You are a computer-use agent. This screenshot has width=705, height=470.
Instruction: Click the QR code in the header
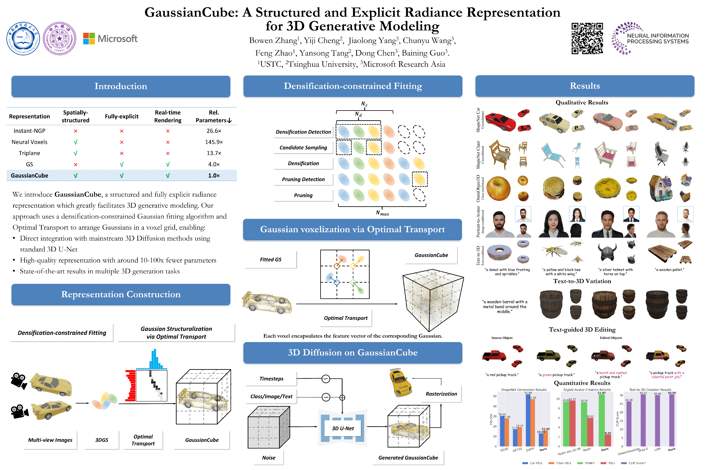(587, 38)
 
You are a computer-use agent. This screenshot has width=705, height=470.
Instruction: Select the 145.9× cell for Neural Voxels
(214, 142)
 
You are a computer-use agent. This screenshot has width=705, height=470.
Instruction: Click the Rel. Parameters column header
(214, 116)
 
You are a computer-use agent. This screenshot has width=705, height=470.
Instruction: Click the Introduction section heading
(121, 86)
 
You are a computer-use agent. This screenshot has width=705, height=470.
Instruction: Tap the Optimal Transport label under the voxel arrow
(346, 318)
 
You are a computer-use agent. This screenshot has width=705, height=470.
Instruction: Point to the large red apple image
(498, 188)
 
